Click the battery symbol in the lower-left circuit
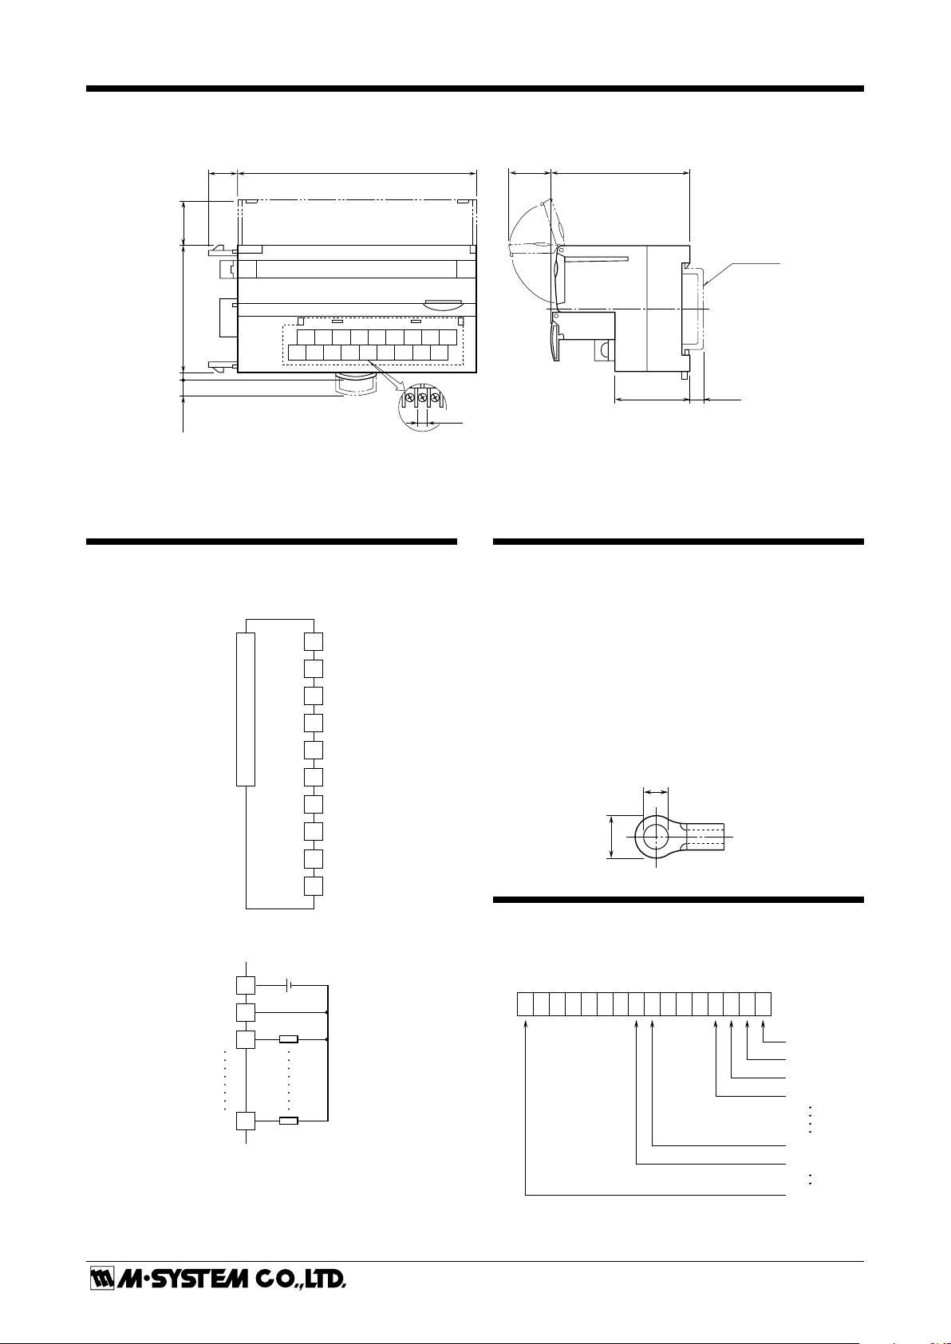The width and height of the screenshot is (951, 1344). [289, 984]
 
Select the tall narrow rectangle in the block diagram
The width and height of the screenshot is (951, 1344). [246, 708]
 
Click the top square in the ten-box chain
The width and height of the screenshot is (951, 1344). [314, 641]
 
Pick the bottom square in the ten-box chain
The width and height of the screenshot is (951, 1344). [314, 886]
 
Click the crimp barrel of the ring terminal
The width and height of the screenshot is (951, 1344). [706, 836]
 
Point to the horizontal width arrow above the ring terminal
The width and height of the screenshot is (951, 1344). [655, 793]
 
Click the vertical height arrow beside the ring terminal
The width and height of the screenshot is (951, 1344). [611, 837]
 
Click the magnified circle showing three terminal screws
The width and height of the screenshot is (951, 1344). [422, 406]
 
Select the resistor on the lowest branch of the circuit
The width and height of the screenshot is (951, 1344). [289, 1120]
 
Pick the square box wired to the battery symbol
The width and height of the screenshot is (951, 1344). [246, 985]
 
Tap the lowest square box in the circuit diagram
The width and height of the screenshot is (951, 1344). [246, 1121]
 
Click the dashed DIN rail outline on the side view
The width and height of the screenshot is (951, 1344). [696, 309]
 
